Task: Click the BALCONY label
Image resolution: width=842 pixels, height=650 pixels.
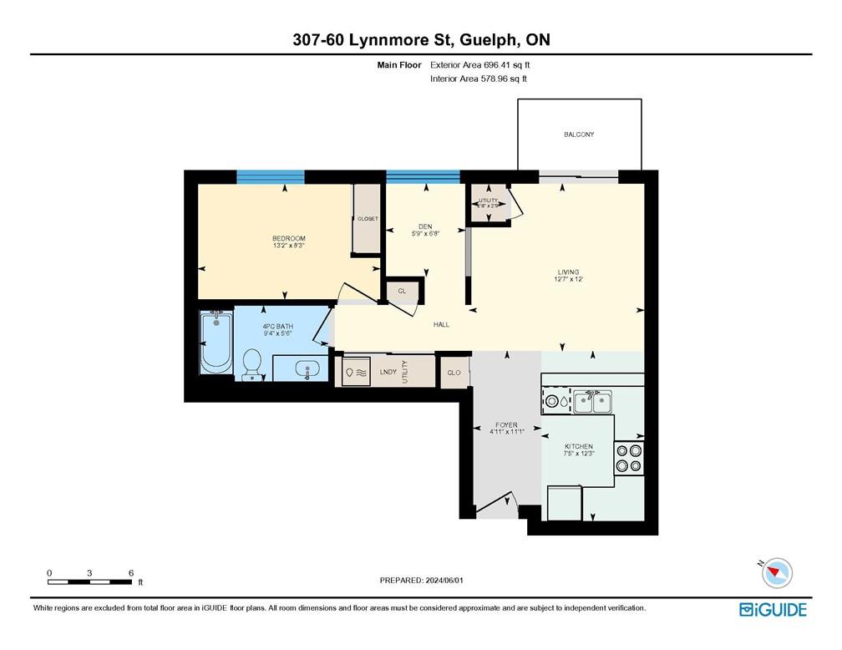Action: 579,135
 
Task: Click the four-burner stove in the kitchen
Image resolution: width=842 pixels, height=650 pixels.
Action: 629,457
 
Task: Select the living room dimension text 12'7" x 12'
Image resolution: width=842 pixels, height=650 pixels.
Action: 568,280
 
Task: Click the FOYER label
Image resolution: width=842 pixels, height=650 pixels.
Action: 506,425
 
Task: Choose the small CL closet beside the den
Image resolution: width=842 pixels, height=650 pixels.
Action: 402,291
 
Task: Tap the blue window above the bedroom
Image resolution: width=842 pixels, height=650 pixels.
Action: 270,176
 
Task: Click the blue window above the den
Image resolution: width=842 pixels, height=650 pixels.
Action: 423,176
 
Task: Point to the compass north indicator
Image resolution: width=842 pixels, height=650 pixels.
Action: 778,572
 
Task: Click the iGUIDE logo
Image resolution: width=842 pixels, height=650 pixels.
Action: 773,610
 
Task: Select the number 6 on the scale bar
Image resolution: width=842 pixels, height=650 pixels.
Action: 131,572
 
